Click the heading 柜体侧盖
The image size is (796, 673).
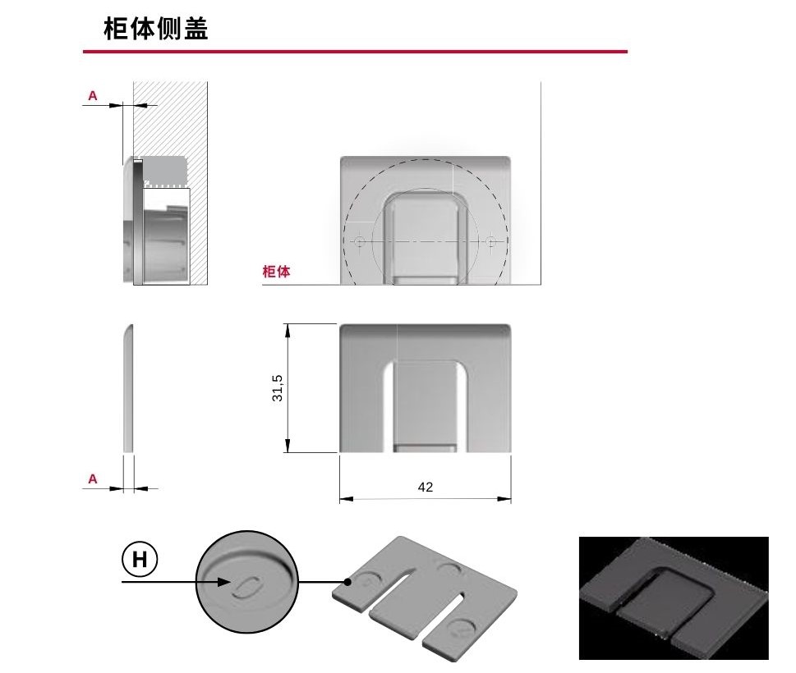pyautogui.click(x=155, y=29)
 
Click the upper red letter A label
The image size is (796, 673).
pyautogui.click(x=93, y=96)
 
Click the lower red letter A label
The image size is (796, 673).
pyautogui.click(x=93, y=478)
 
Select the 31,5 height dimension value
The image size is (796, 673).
pyautogui.click(x=278, y=387)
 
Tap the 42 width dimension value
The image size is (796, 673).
pyautogui.click(x=425, y=487)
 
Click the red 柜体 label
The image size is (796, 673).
pyautogui.click(x=276, y=272)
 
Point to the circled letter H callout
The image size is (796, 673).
pyautogui.click(x=140, y=560)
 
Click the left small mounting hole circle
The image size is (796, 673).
pyautogui.click(x=359, y=241)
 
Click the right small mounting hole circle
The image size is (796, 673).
pyautogui.click(x=491, y=241)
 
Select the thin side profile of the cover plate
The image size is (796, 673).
pyautogui.click(x=128, y=388)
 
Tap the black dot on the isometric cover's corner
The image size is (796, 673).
pyautogui.click(x=350, y=582)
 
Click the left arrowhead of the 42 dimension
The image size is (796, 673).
pyautogui.click(x=344, y=498)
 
